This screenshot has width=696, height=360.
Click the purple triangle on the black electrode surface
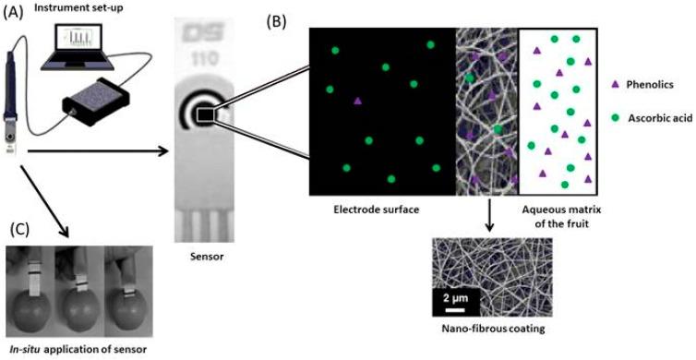coord(356,100)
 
